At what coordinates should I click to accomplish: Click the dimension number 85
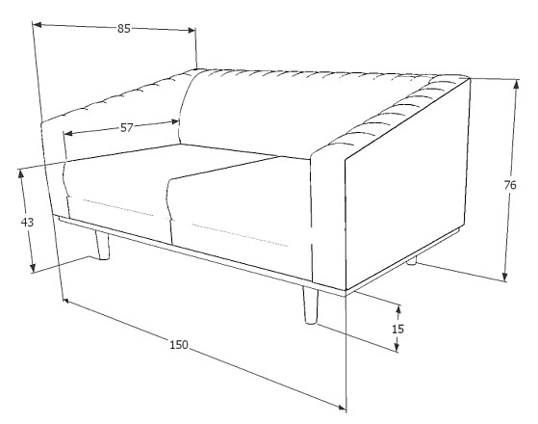124,29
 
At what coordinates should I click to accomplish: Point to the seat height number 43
27,222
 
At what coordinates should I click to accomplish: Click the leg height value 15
397,329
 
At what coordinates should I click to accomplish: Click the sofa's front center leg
310,305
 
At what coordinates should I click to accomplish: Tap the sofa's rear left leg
99,246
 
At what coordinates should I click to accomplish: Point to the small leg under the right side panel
412,260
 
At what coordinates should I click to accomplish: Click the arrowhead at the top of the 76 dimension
506,81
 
